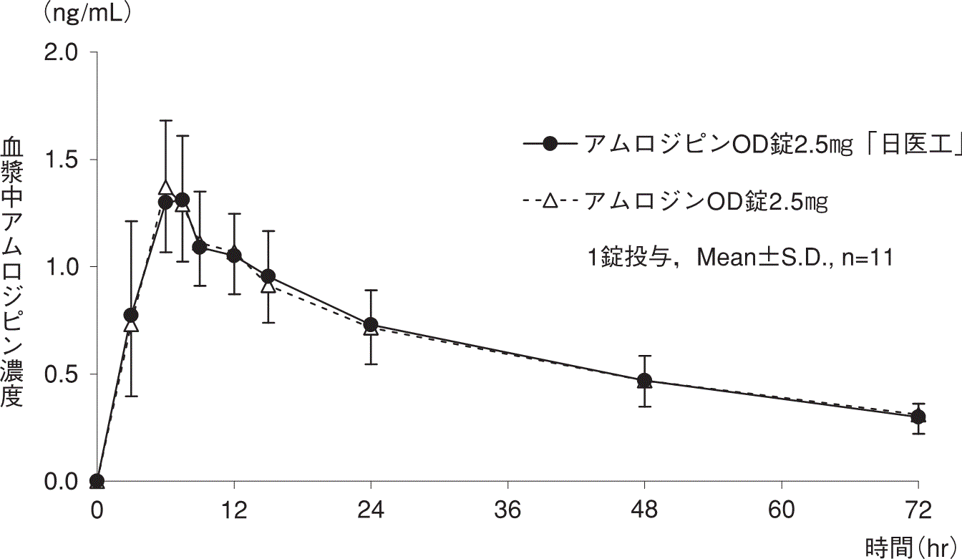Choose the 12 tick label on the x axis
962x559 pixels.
pyautogui.click(x=233, y=512)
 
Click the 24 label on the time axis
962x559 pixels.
pyautogui.click(x=371, y=512)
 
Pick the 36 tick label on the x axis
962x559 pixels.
pyautogui.click(x=507, y=512)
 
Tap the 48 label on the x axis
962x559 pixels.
pyautogui.click(x=644, y=512)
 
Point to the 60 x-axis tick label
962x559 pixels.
pyautogui.click(x=782, y=512)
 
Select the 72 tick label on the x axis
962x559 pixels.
pyautogui.click(x=918, y=512)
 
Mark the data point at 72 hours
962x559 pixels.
pyautogui.click(x=918, y=417)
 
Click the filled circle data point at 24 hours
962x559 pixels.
pyautogui.click(x=371, y=325)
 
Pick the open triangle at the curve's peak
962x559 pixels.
pyautogui.click(x=165, y=188)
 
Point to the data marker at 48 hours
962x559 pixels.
pyautogui.click(x=644, y=380)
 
